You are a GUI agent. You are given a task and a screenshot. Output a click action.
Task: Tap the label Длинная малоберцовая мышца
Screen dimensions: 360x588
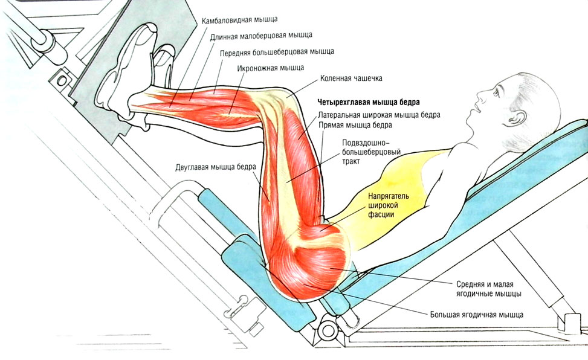[x=262, y=36]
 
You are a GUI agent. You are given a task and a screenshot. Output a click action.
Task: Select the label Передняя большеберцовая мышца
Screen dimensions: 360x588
[x=277, y=52]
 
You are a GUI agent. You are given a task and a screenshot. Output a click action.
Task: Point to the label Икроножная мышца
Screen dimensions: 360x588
[x=270, y=68]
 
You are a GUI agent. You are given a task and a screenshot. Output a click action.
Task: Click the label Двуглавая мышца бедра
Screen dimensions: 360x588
[x=216, y=167]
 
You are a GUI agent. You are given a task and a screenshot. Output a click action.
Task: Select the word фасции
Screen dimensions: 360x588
[x=384, y=216]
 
